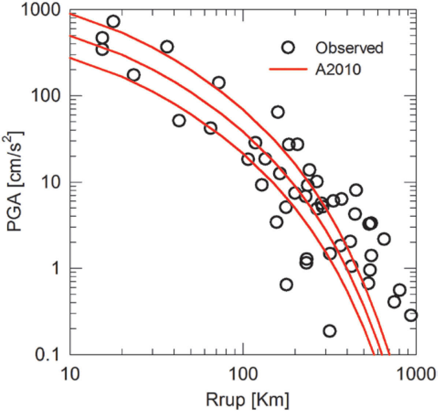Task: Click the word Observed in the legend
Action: pos(349,48)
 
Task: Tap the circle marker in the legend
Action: pos(288,47)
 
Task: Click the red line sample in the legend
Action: pos(288,69)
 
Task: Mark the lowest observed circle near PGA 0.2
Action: pos(329,331)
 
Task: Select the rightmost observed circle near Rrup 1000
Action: pos(411,315)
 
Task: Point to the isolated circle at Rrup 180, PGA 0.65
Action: pos(286,284)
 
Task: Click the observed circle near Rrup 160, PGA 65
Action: pos(278,112)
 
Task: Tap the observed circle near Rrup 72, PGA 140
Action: pos(219,83)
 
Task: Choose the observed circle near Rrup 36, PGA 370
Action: pos(167,47)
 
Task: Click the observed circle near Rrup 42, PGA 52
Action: pos(179,120)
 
